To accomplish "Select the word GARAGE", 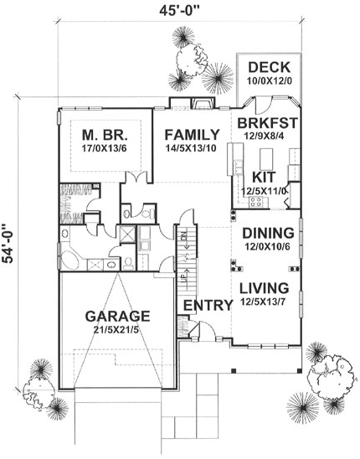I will point(118,317).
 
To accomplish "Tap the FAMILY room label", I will point(192,134).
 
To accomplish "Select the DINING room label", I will point(268,233).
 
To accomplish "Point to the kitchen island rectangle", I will point(268,157).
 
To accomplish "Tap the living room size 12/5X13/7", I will point(268,302).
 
